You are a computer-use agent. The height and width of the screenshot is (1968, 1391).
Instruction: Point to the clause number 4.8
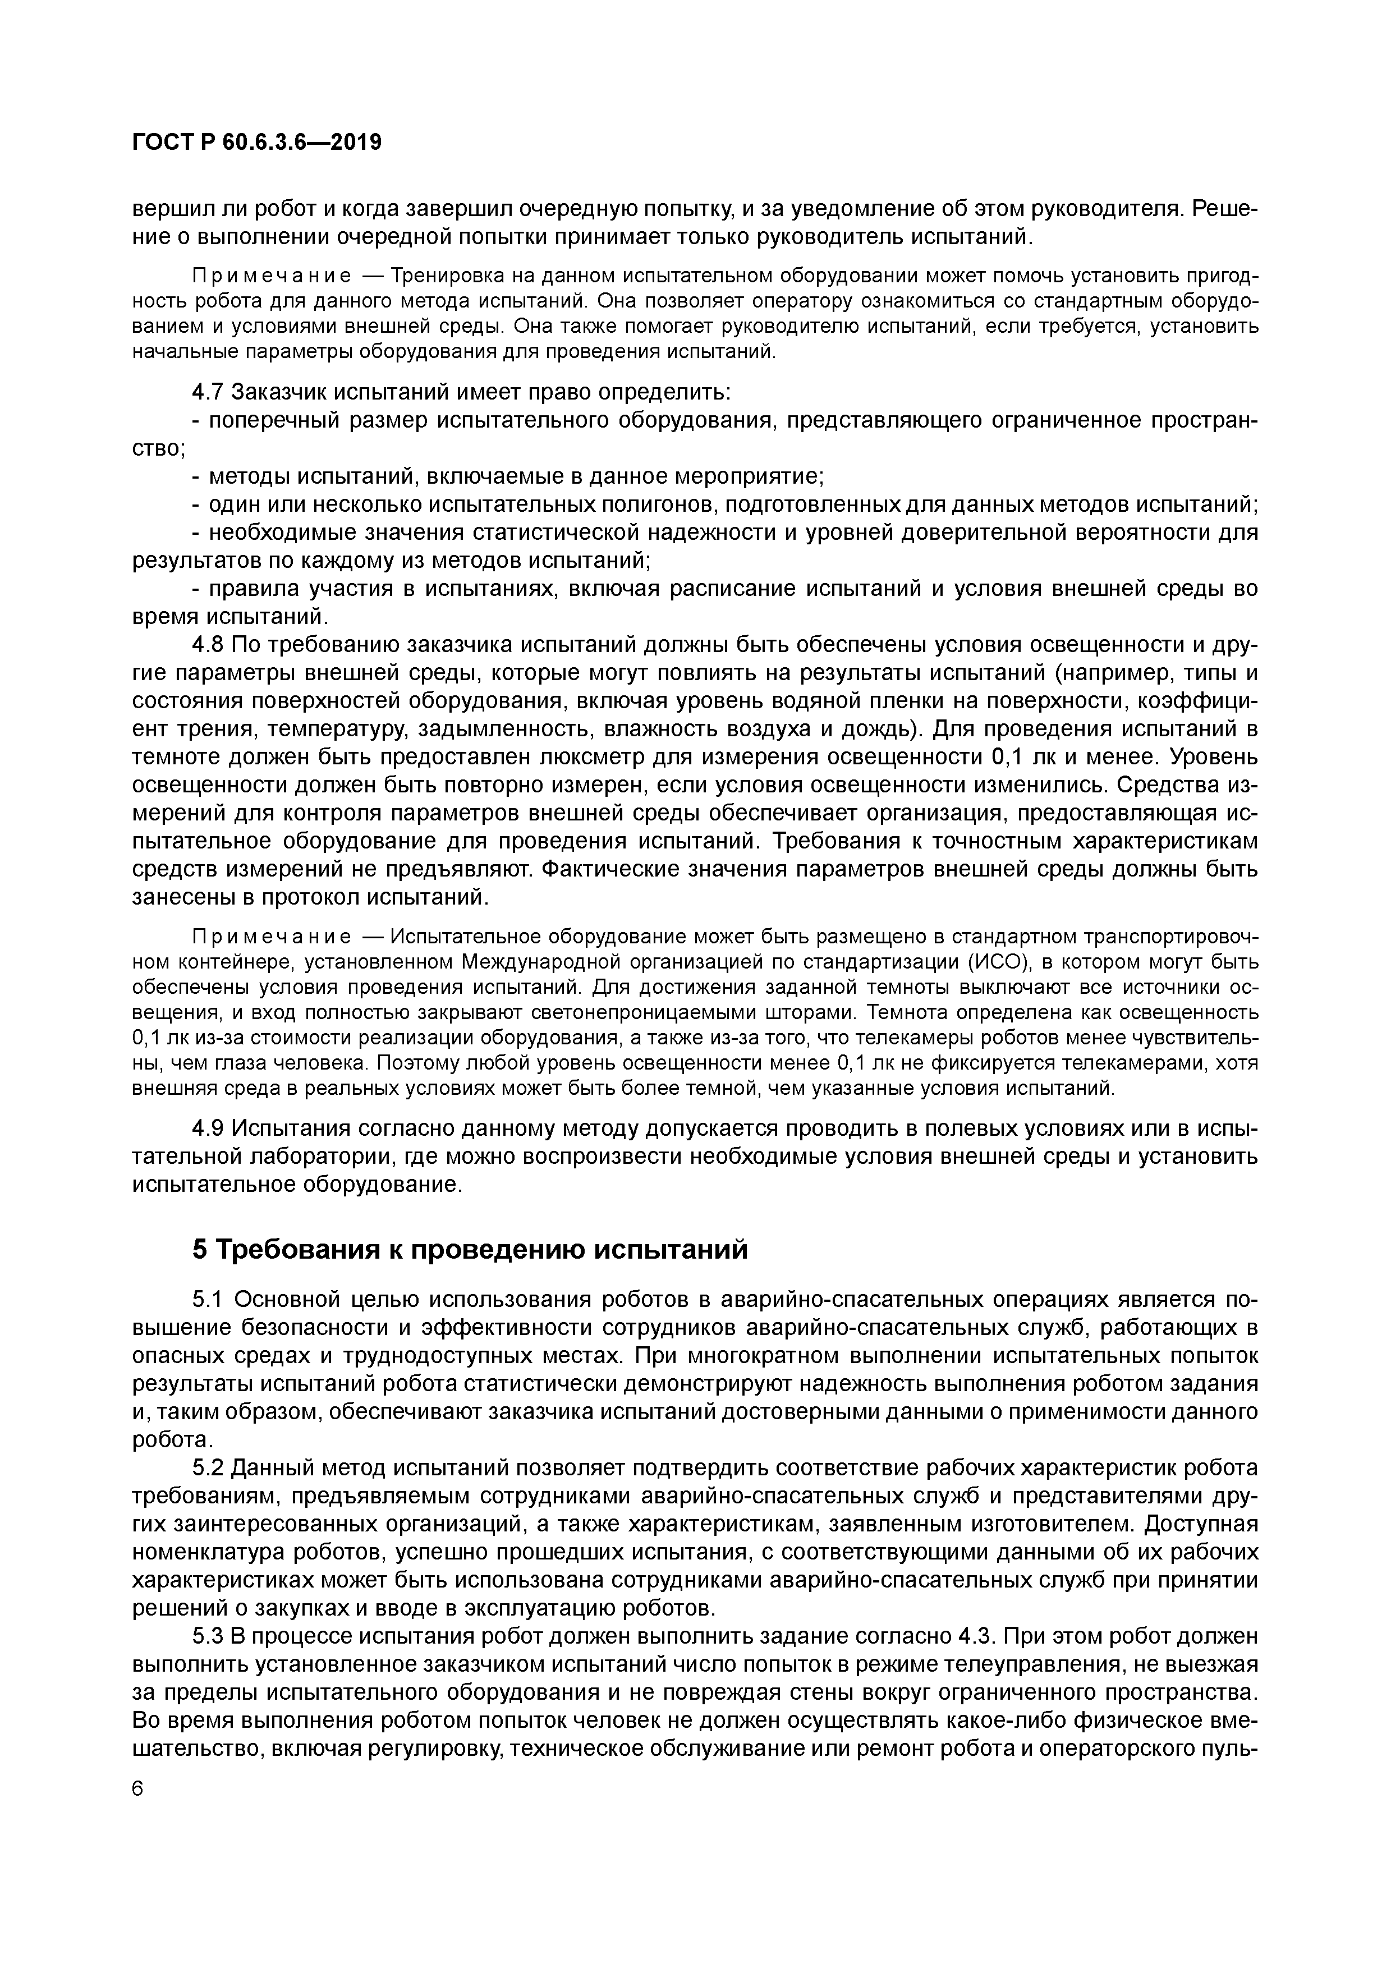[x=208, y=645]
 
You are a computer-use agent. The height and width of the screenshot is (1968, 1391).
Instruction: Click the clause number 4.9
[x=208, y=1129]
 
